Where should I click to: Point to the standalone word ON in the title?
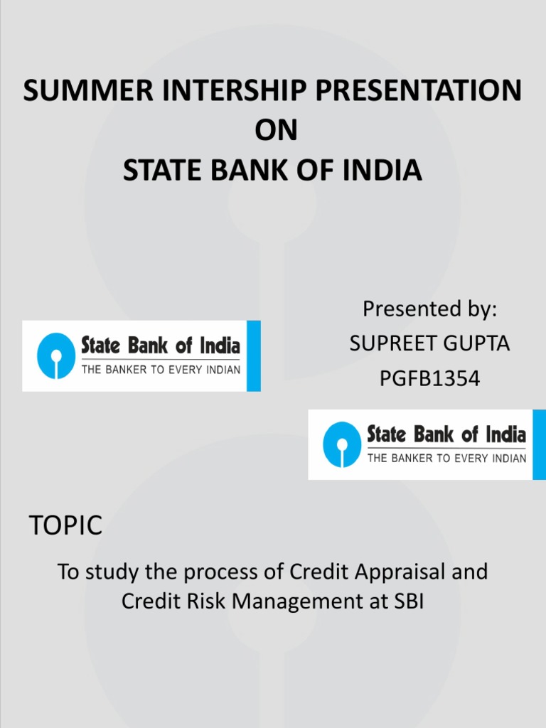[273, 131]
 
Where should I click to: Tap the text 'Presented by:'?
[429, 309]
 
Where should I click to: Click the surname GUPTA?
[476, 344]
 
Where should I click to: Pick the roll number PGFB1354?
[429, 379]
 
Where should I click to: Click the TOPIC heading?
[65, 527]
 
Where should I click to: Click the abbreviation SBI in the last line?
[407, 601]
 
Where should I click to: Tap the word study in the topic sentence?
[106, 572]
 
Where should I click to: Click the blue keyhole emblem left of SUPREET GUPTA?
[56, 355]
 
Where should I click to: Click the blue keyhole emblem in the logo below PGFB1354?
[342, 444]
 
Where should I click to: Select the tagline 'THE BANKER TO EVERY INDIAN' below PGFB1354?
[446, 459]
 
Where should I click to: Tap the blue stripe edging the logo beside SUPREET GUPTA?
[253, 355]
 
